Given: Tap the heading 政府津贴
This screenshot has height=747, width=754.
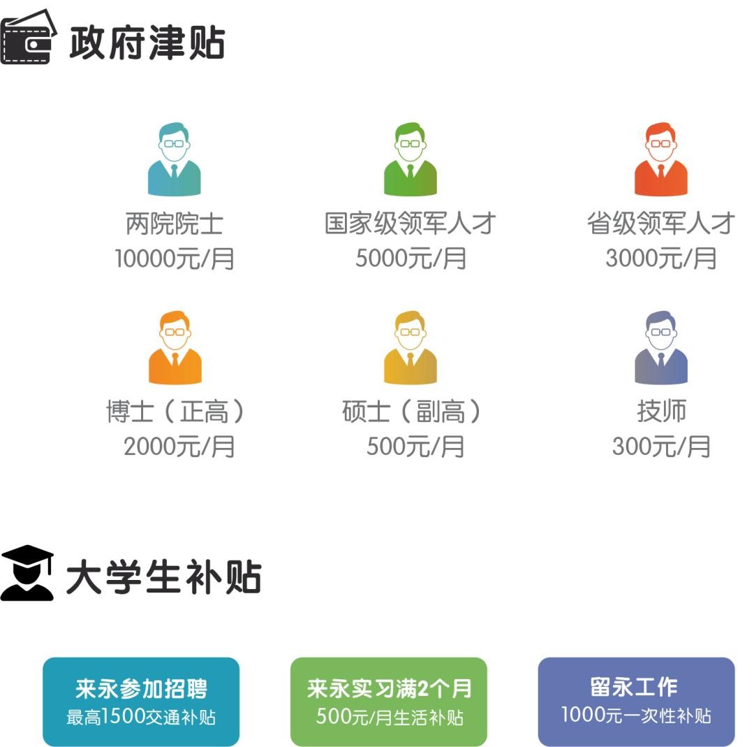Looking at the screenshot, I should point(147,42).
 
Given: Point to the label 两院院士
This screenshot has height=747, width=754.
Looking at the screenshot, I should point(174,224).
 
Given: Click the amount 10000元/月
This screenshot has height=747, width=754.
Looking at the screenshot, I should point(174,259).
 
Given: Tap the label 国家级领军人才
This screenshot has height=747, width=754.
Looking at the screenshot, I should point(411,224).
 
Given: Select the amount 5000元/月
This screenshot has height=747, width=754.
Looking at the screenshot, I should point(411,259).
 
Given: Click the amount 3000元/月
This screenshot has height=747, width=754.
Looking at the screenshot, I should point(660,259).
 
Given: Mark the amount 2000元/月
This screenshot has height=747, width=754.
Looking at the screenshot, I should point(179,447).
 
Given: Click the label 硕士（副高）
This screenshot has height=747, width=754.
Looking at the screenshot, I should point(412,412).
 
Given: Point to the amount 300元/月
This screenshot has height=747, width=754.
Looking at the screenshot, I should point(660,447).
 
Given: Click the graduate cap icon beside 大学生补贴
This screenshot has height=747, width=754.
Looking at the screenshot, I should point(27,573).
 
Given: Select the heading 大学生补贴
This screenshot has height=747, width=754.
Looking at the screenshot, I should point(163,578).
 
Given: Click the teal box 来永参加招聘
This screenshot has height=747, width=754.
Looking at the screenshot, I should point(141,702).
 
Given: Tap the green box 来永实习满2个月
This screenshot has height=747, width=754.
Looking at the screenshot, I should point(389,702).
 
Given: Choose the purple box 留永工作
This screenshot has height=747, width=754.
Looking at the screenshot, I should point(636,702).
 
